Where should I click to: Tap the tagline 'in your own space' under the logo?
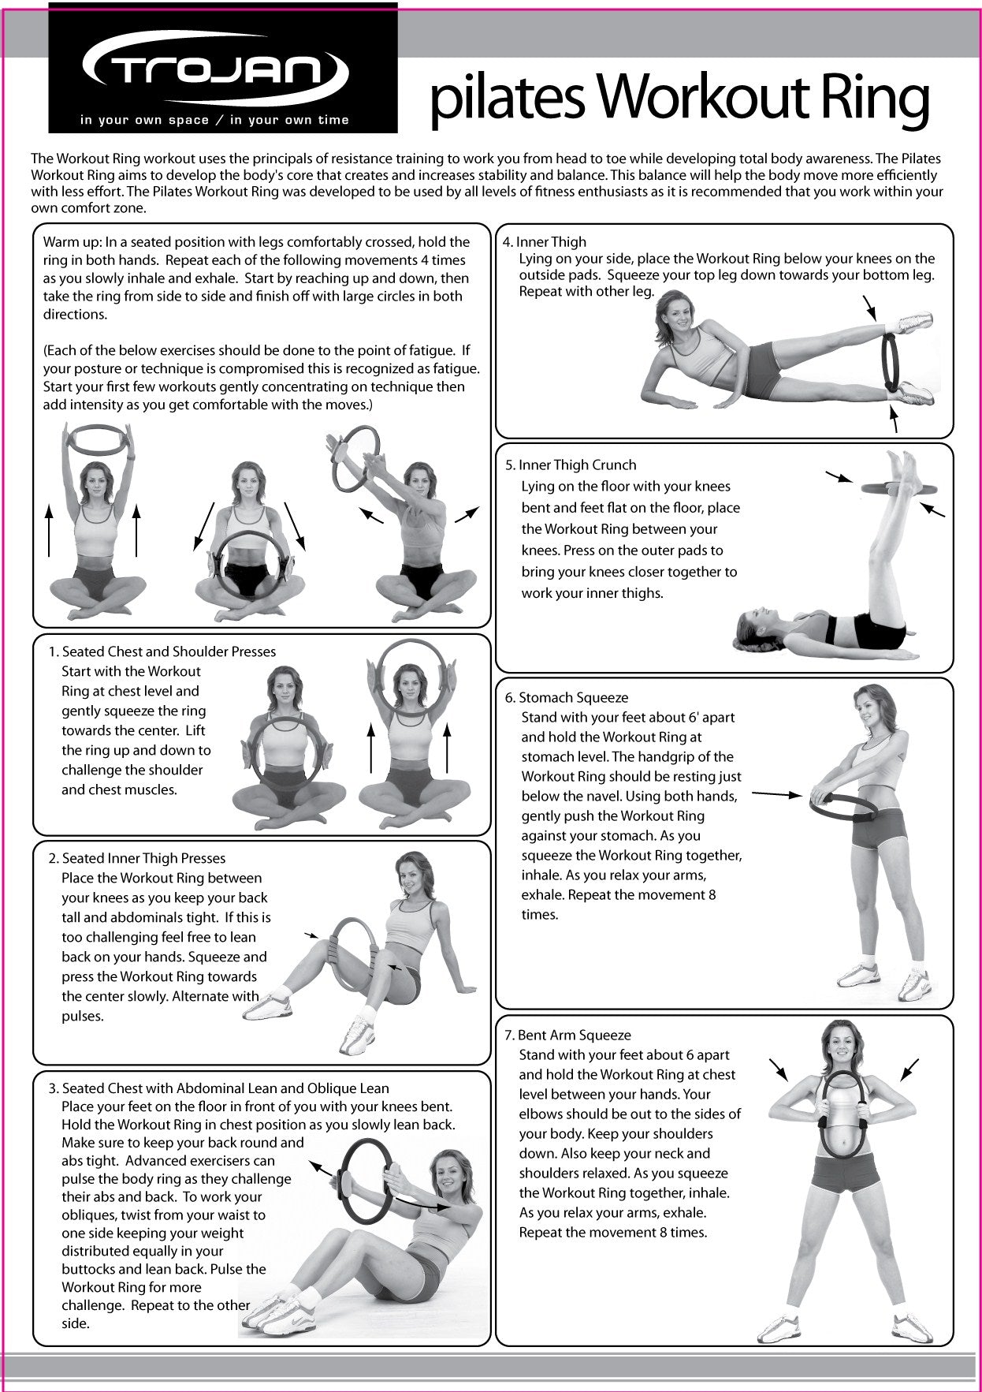click(144, 121)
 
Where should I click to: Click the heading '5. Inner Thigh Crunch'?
click(571, 465)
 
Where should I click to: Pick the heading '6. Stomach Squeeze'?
click(566, 698)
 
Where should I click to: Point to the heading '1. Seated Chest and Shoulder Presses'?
click(162, 652)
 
